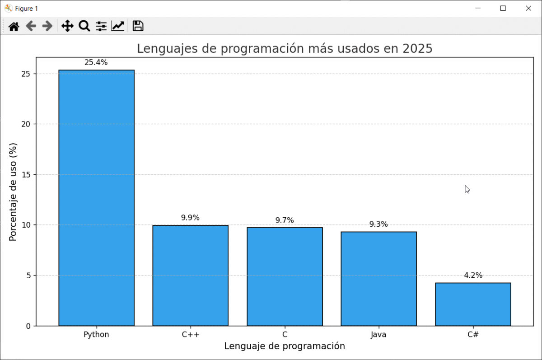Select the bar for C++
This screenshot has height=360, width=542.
[190, 275]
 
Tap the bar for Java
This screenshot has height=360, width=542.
[378, 278]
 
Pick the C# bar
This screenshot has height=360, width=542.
[473, 304]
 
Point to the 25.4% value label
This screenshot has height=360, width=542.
[96, 62]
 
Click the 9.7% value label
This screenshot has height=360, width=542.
[285, 220]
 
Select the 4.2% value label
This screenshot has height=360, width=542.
[473, 275]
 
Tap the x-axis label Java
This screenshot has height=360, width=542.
[378, 335]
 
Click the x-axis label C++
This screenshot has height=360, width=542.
[190, 335]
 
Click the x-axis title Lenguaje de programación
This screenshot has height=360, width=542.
[285, 346]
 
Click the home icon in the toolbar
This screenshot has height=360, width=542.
[14, 26]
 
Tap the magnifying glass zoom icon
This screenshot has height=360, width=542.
[84, 26]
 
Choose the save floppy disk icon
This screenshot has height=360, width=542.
[138, 26]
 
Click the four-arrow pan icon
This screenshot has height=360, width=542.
[67, 26]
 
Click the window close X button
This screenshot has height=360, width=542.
[528, 8]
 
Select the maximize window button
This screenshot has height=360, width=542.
[503, 8]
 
